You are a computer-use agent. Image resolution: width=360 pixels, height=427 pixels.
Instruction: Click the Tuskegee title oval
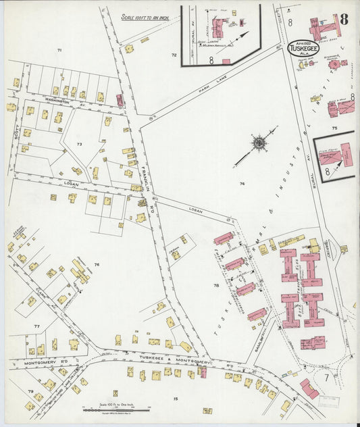tap(304, 48)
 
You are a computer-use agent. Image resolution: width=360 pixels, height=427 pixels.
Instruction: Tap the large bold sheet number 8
tap(344, 19)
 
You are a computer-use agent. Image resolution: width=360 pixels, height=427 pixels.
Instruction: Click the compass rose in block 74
tap(258, 143)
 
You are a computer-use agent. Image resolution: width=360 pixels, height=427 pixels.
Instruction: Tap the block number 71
tap(59, 51)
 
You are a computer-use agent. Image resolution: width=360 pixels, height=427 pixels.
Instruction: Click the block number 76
tap(97, 264)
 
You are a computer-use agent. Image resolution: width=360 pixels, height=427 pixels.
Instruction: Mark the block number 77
tap(36, 326)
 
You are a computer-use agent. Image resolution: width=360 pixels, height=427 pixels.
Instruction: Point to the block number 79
tap(30, 391)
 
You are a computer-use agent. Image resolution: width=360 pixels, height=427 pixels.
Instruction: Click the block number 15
tap(175, 399)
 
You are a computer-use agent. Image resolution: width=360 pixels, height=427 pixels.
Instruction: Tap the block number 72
tap(174, 55)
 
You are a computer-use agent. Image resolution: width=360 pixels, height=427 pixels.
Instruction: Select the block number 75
tap(334, 127)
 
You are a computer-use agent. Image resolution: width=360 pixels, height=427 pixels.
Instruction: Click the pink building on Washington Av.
tap(120, 101)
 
